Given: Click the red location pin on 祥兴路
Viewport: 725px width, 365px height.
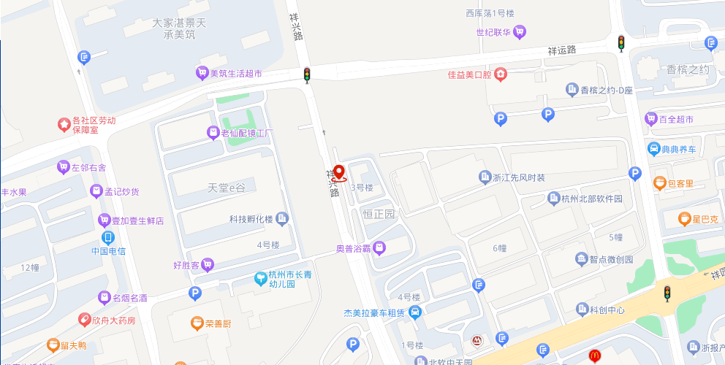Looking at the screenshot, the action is point(339,172).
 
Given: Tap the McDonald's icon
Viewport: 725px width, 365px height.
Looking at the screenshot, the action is point(595,356).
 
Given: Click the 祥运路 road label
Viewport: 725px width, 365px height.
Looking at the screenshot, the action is point(562,50).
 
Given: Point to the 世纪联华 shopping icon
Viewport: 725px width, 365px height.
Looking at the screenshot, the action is point(520,31).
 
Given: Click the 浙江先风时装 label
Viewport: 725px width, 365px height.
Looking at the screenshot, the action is point(519,177).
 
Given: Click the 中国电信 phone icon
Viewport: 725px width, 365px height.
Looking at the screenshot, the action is point(108,237).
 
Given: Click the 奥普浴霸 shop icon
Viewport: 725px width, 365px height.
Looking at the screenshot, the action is point(379,249).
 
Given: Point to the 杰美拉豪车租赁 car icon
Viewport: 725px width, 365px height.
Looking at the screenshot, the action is point(415,313).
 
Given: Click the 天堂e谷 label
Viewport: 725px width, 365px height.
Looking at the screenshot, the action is point(227,188).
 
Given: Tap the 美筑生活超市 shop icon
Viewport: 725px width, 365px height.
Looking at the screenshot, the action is point(202,73).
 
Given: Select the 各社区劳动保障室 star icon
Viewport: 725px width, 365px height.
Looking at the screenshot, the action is point(64,124).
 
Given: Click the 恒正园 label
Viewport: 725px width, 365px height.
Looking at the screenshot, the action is point(379,214).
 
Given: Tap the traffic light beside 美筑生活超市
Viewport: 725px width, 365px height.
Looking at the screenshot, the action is point(307,74).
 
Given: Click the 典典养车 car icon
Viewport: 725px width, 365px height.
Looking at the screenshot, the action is point(654,150).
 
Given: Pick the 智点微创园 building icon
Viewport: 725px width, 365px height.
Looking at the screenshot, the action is point(581,258).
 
